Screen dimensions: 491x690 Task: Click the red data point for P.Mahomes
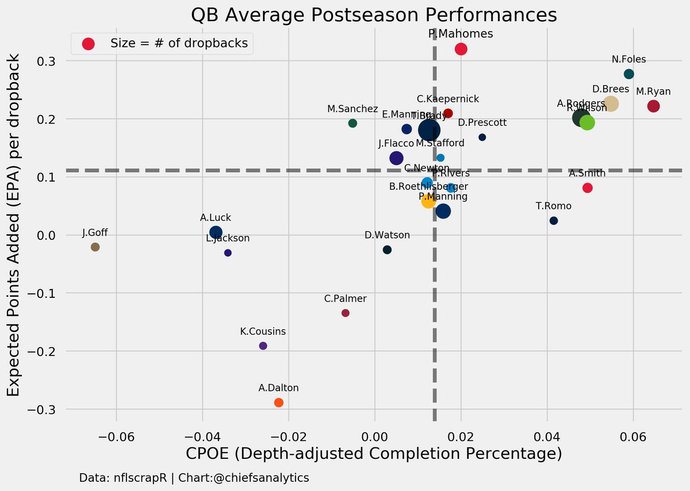point(461,49)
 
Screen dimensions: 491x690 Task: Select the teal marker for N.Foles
point(628,74)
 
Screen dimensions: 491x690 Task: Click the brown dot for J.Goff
point(95,247)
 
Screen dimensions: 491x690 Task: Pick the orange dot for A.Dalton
point(279,402)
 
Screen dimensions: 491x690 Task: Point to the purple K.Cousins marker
point(263,346)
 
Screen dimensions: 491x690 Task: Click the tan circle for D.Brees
point(611,104)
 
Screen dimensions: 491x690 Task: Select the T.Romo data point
point(554,221)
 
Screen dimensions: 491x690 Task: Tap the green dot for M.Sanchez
point(352,123)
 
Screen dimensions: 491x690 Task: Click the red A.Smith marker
point(587,188)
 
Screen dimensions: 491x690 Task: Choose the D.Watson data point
point(387,250)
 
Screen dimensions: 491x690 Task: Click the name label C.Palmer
point(345,298)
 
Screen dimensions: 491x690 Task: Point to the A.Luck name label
point(216,218)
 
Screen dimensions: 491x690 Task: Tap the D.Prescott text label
point(482,123)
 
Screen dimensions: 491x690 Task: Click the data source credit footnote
point(194,478)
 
